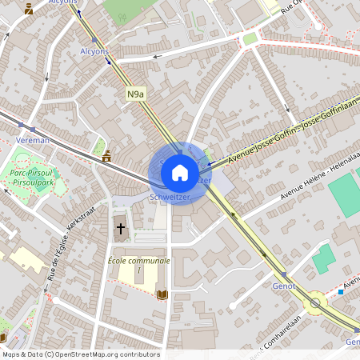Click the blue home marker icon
180,172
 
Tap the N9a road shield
136,94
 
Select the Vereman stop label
33,140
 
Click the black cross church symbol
121,229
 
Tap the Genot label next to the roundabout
284,286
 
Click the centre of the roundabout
316,302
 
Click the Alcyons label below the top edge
94,50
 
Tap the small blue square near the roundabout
341,292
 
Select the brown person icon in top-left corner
30,10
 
